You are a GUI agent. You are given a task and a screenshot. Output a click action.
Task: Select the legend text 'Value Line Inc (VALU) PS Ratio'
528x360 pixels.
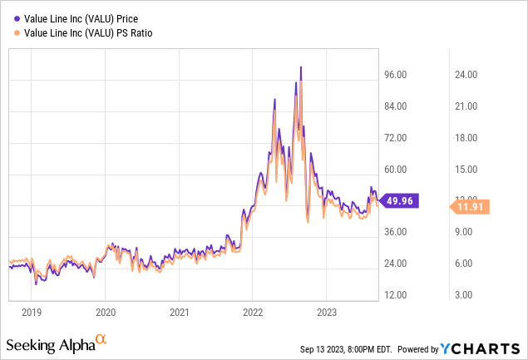pos(91,32)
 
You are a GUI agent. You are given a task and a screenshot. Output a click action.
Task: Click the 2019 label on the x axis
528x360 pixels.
pos(31,313)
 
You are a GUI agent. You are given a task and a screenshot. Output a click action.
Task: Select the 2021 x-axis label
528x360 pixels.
pos(179,313)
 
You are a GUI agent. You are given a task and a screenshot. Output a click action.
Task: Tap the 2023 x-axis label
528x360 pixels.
pos(326,313)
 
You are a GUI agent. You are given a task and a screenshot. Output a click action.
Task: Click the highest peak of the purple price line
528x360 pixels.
pos(300,67)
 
